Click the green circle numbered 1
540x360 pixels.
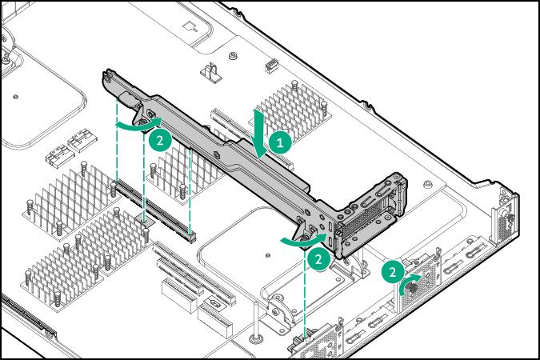tap(278, 142)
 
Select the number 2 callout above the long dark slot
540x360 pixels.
tap(158, 138)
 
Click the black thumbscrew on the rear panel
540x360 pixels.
tap(414, 283)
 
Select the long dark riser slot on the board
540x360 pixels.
tap(157, 212)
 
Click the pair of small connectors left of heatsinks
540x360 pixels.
tap(69, 146)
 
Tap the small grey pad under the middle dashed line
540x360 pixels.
tap(145, 218)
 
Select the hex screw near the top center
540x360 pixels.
tap(232, 57)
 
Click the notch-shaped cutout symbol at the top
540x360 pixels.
tap(190, 26)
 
